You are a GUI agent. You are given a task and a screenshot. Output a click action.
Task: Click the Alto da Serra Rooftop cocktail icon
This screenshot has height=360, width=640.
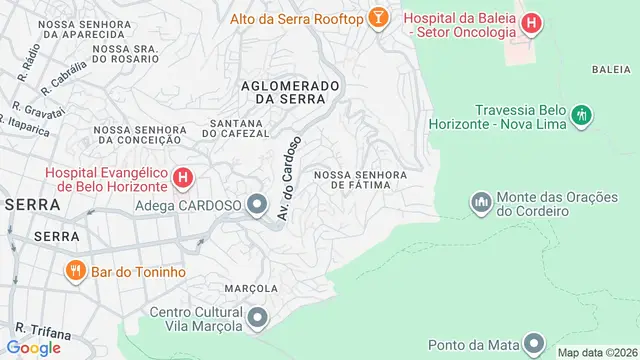point(379,18)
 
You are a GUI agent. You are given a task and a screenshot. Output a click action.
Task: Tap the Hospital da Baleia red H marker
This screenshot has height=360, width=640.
point(531,20)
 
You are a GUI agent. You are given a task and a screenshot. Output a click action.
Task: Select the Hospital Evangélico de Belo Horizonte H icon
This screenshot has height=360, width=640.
point(183,179)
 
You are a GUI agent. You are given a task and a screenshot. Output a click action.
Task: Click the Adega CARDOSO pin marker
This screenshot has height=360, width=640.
point(257,207)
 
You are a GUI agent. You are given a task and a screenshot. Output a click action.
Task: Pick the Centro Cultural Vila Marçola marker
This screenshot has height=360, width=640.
point(258,319)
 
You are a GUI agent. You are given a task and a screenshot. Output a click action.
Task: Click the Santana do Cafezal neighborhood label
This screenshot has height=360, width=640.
point(236,129)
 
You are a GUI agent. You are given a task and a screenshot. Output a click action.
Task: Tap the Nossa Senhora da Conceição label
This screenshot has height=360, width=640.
point(139,135)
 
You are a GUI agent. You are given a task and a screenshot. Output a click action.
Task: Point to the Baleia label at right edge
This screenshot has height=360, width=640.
point(610,69)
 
